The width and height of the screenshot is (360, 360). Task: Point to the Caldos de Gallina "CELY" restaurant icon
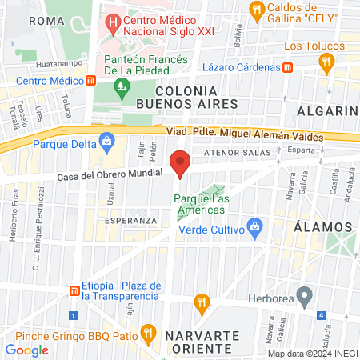[257, 10]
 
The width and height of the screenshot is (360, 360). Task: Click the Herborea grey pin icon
[303, 297]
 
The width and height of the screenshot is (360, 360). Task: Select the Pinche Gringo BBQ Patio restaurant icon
[147, 331]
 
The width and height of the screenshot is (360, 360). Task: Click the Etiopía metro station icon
[74, 290]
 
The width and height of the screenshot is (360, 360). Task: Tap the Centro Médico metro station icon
[92, 81]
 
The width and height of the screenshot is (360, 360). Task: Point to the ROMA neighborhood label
[46, 20]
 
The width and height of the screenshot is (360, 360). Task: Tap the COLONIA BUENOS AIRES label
[187, 98]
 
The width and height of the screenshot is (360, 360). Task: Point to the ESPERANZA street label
[130, 220]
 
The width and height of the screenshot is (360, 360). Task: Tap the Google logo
[27, 350]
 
